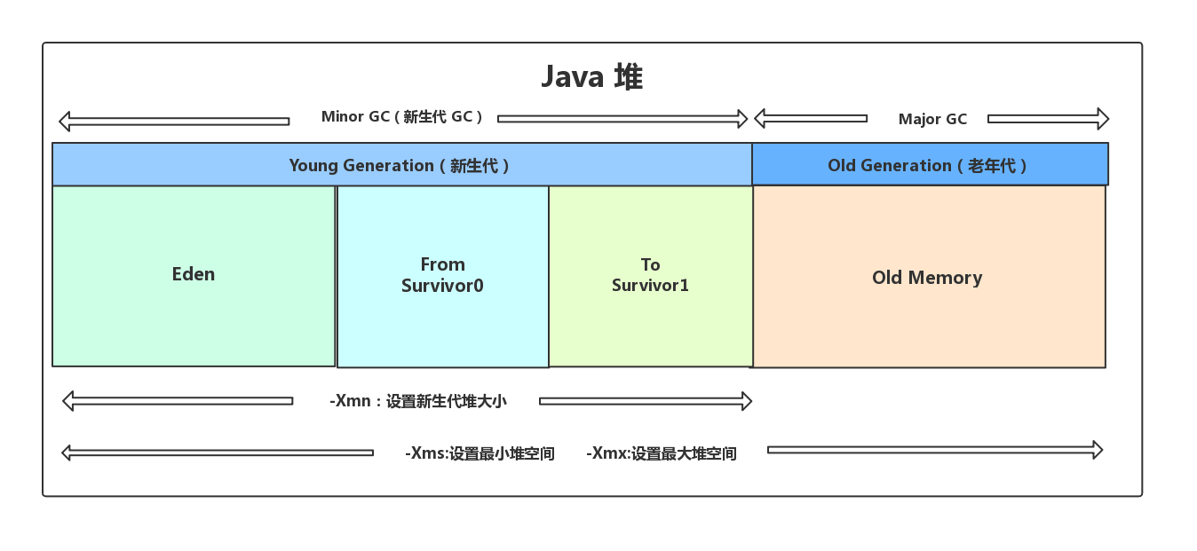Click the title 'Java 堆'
pyautogui.click(x=591, y=77)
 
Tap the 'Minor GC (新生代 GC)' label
pyautogui.click(x=402, y=117)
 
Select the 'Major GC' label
pyautogui.click(x=932, y=119)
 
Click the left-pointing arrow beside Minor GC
pyautogui.click(x=174, y=121)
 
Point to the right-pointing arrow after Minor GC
pyautogui.click(x=622, y=118)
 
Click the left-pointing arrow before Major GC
pyautogui.click(x=810, y=118)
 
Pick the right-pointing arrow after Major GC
pyautogui.click(x=1048, y=118)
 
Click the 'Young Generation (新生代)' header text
pyautogui.click(x=400, y=165)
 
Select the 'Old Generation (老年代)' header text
pyautogui.click(x=928, y=165)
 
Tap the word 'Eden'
pyautogui.click(x=194, y=274)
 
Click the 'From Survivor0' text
pyautogui.click(x=442, y=275)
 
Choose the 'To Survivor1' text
pyautogui.click(x=650, y=275)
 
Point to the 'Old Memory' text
pyautogui.click(x=927, y=278)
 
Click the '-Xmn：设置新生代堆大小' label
pyautogui.click(x=418, y=401)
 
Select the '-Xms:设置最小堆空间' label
pyautogui.click(x=480, y=453)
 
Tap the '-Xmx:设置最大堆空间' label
pyautogui.click(x=662, y=453)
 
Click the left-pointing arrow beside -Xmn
pyautogui.click(x=178, y=401)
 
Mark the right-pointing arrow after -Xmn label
pyautogui.click(x=646, y=401)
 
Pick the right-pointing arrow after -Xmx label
pyautogui.click(x=934, y=450)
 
